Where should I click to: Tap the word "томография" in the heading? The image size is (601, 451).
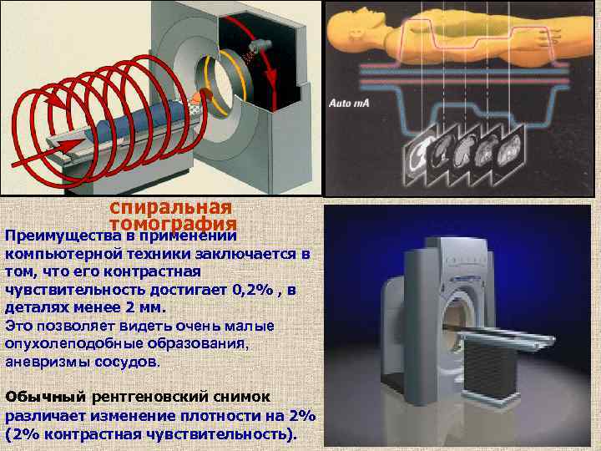tap(174, 225)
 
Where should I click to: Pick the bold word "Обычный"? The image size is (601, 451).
tap(45, 397)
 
